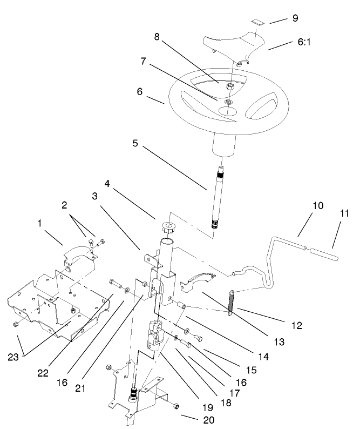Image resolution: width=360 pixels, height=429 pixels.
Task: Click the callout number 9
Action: tap(295, 18)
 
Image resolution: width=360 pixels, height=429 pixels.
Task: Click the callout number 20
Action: tap(193, 420)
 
